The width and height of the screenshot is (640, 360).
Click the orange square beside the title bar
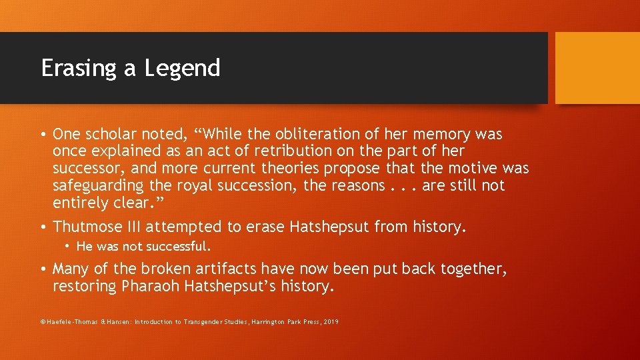point(597,68)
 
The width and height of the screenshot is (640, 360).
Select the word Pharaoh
point(147,286)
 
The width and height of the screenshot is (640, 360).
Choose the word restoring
point(85,286)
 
